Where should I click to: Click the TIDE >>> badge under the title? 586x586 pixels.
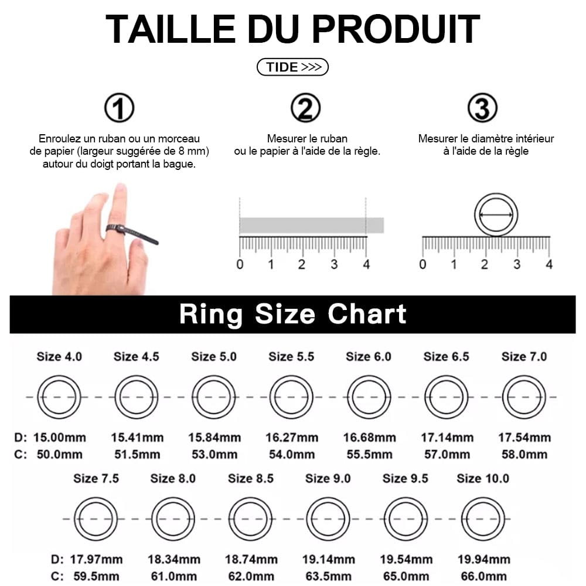[x=292, y=67]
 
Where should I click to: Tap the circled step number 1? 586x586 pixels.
[x=119, y=108]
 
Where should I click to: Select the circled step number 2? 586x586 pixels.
[x=306, y=108]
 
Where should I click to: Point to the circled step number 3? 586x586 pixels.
[x=482, y=108]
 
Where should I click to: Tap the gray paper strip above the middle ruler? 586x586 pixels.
[x=311, y=225]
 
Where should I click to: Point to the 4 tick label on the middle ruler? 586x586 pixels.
[x=366, y=264]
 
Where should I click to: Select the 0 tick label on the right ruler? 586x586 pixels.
[x=423, y=264]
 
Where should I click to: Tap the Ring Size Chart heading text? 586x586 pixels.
[x=292, y=314]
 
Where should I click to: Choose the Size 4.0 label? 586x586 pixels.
[x=59, y=356]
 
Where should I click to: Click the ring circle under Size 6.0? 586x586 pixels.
[x=369, y=397]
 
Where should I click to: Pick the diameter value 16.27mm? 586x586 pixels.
[x=291, y=438]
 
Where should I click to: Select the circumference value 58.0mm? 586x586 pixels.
[x=524, y=455]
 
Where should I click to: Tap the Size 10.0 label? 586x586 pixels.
[x=483, y=478]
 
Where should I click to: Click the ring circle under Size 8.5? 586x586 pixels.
[x=250, y=519]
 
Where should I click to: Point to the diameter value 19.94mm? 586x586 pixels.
[x=483, y=560]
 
